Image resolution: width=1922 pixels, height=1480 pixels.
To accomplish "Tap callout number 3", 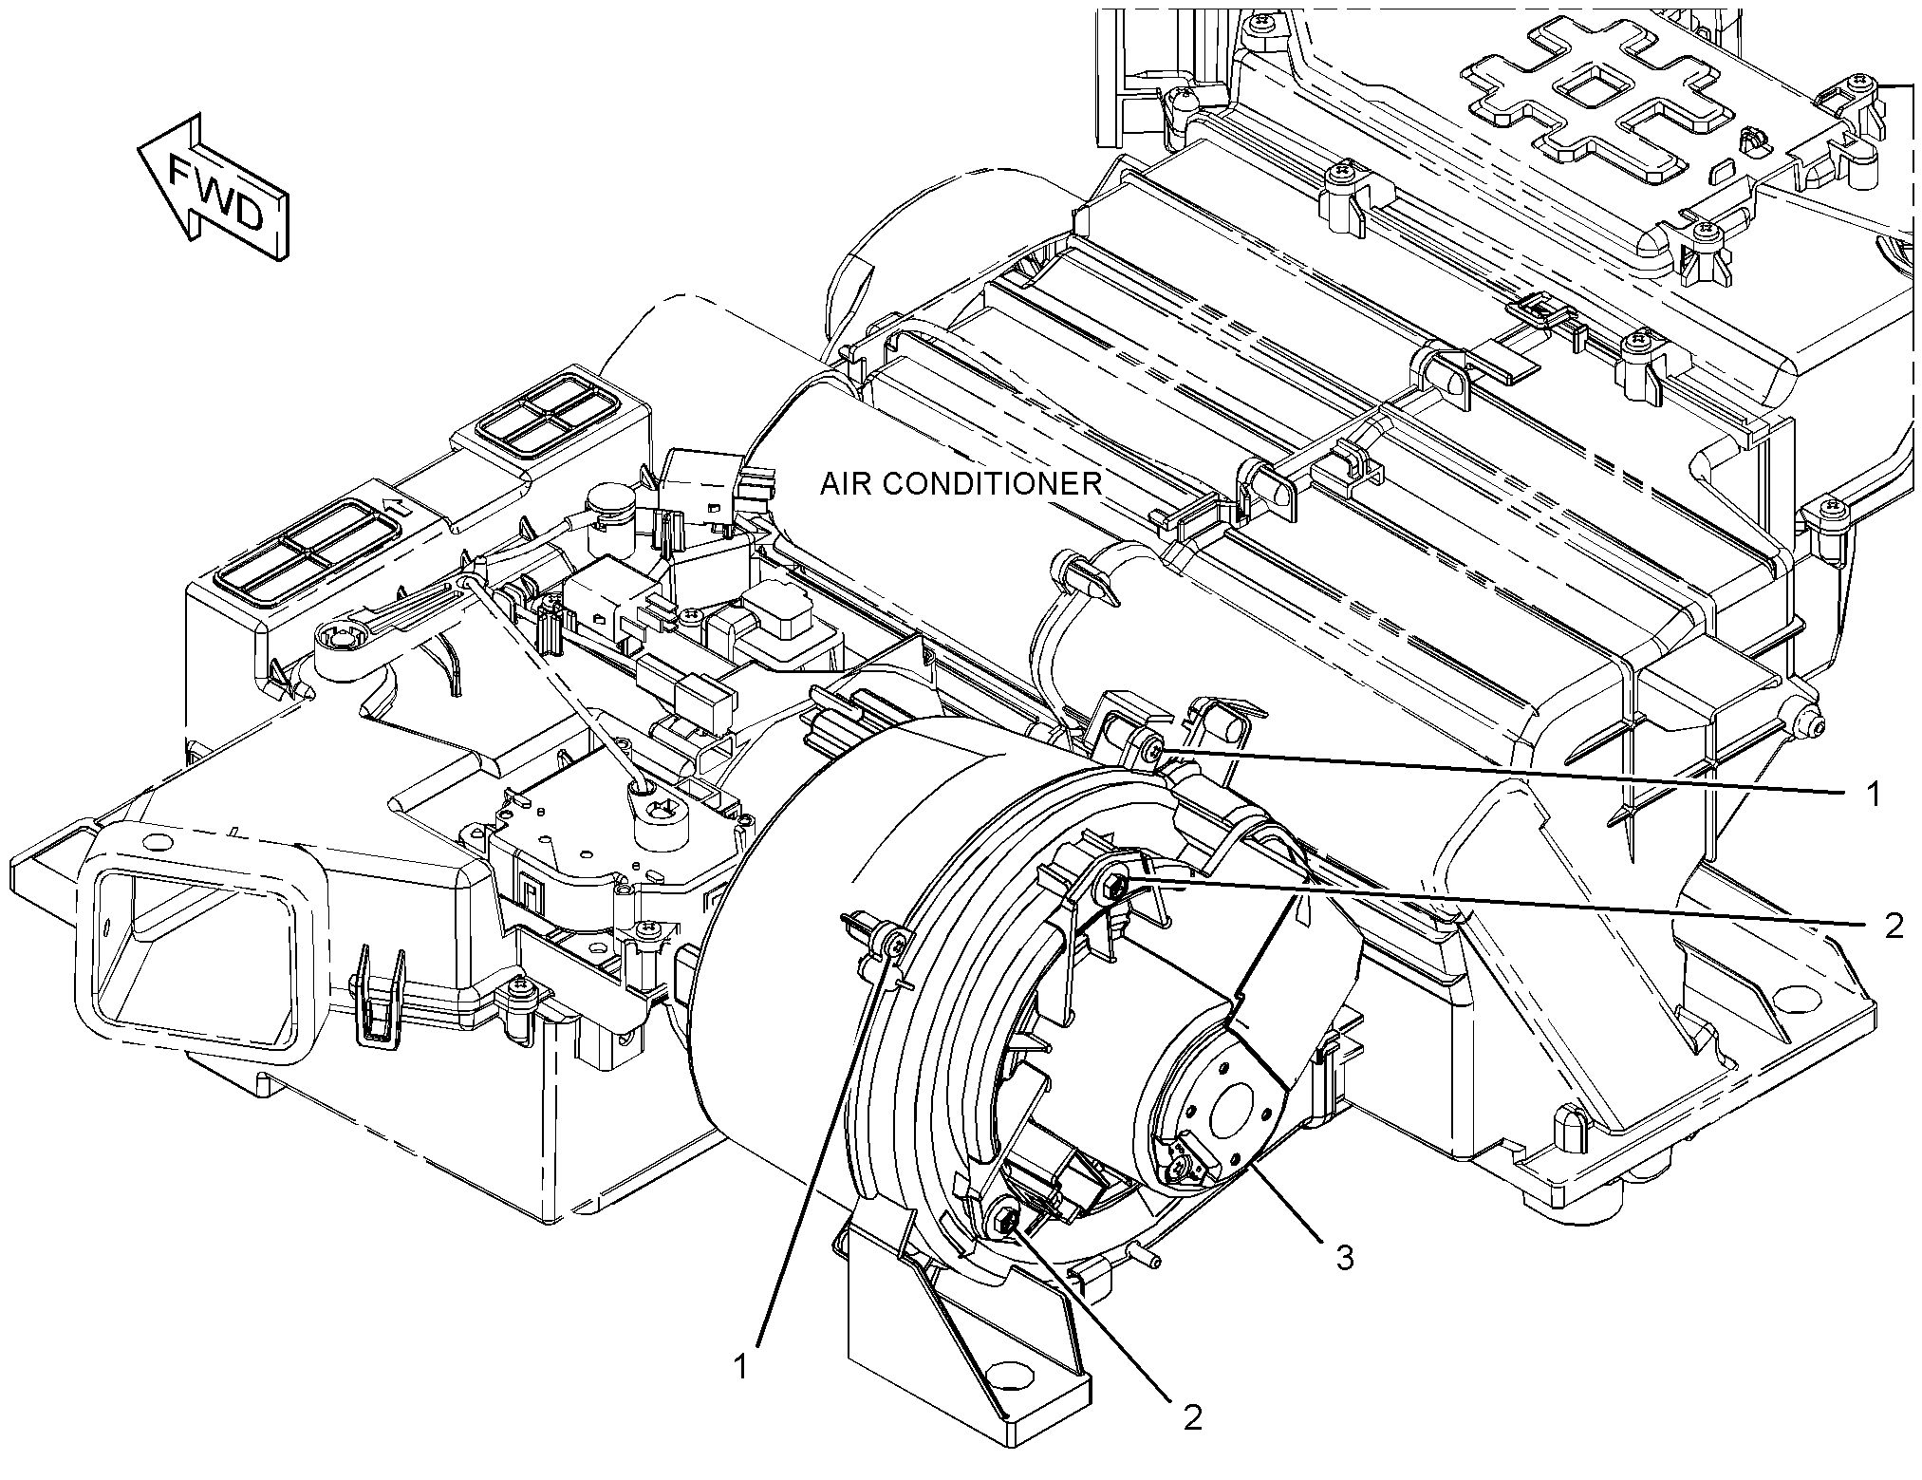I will coord(1344,1259).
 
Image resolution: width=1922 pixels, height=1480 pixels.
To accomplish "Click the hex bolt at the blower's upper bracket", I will coord(1112,889).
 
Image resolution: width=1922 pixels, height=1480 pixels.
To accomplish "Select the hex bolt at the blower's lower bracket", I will coord(1004,1219).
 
